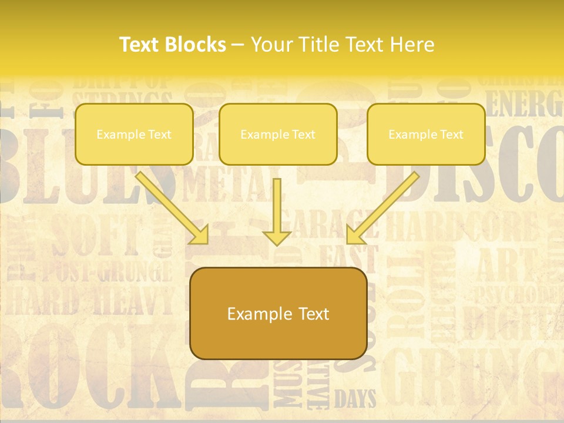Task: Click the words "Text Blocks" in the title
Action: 173,45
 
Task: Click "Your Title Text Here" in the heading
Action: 343,45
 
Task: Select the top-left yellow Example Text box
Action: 134,135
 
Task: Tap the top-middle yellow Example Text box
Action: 278,135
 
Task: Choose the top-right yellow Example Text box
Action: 426,135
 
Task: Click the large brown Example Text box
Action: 278,314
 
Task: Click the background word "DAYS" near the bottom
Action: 355,399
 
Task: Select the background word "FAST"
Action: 347,257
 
